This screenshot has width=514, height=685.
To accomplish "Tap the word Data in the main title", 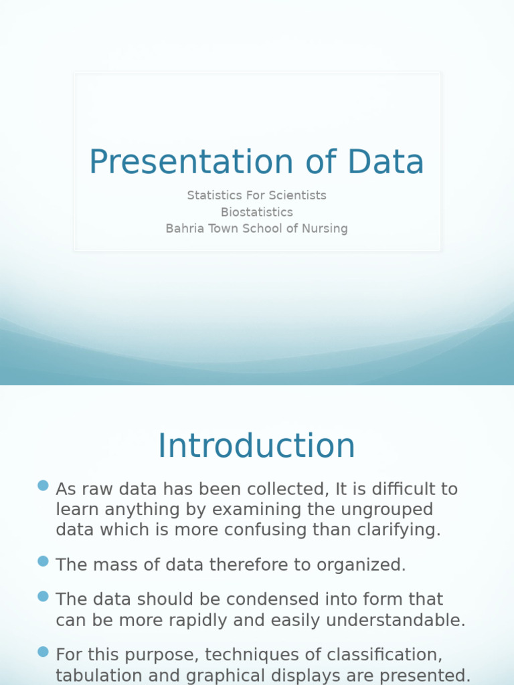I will coord(385,163).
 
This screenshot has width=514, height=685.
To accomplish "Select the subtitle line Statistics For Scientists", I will coord(256,195).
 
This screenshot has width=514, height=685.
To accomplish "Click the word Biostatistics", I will coord(256,212).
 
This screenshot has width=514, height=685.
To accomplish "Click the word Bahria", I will coord(184,229).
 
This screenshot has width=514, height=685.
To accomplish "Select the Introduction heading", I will coord(256,446).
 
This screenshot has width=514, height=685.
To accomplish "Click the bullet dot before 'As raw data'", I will coord(44,486).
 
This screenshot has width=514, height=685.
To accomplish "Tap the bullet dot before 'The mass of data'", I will coord(44,561).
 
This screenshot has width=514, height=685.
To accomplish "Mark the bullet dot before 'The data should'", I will coord(44,596).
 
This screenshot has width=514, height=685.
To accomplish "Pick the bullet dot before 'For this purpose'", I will coord(44,651).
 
